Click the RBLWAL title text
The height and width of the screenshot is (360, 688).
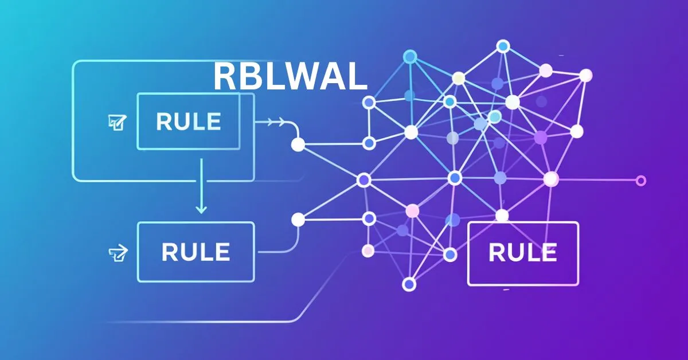pyautogui.click(x=290, y=76)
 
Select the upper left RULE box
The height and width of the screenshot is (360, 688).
pyautogui.click(x=188, y=121)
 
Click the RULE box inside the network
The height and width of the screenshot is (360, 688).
pyautogui.click(x=523, y=253)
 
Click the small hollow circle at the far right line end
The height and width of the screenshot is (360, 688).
pyautogui.click(x=641, y=181)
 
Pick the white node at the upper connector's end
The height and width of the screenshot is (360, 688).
pyautogui.click(x=298, y=144)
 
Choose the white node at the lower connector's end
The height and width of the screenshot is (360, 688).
pyautogui.click(x=298, y=219)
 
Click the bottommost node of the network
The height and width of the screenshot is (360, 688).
pyautogui.click(x=409, y=284)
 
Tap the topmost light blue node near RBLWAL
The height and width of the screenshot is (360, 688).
pyautogui.click(x=409, y=56)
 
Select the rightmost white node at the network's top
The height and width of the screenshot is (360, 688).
pyautogui.click(x=585, y=75)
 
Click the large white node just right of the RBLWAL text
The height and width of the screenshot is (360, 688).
pyautogui.click(x=411, y=132)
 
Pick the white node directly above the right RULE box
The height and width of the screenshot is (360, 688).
pyautogui.click(x=502, y=216)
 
